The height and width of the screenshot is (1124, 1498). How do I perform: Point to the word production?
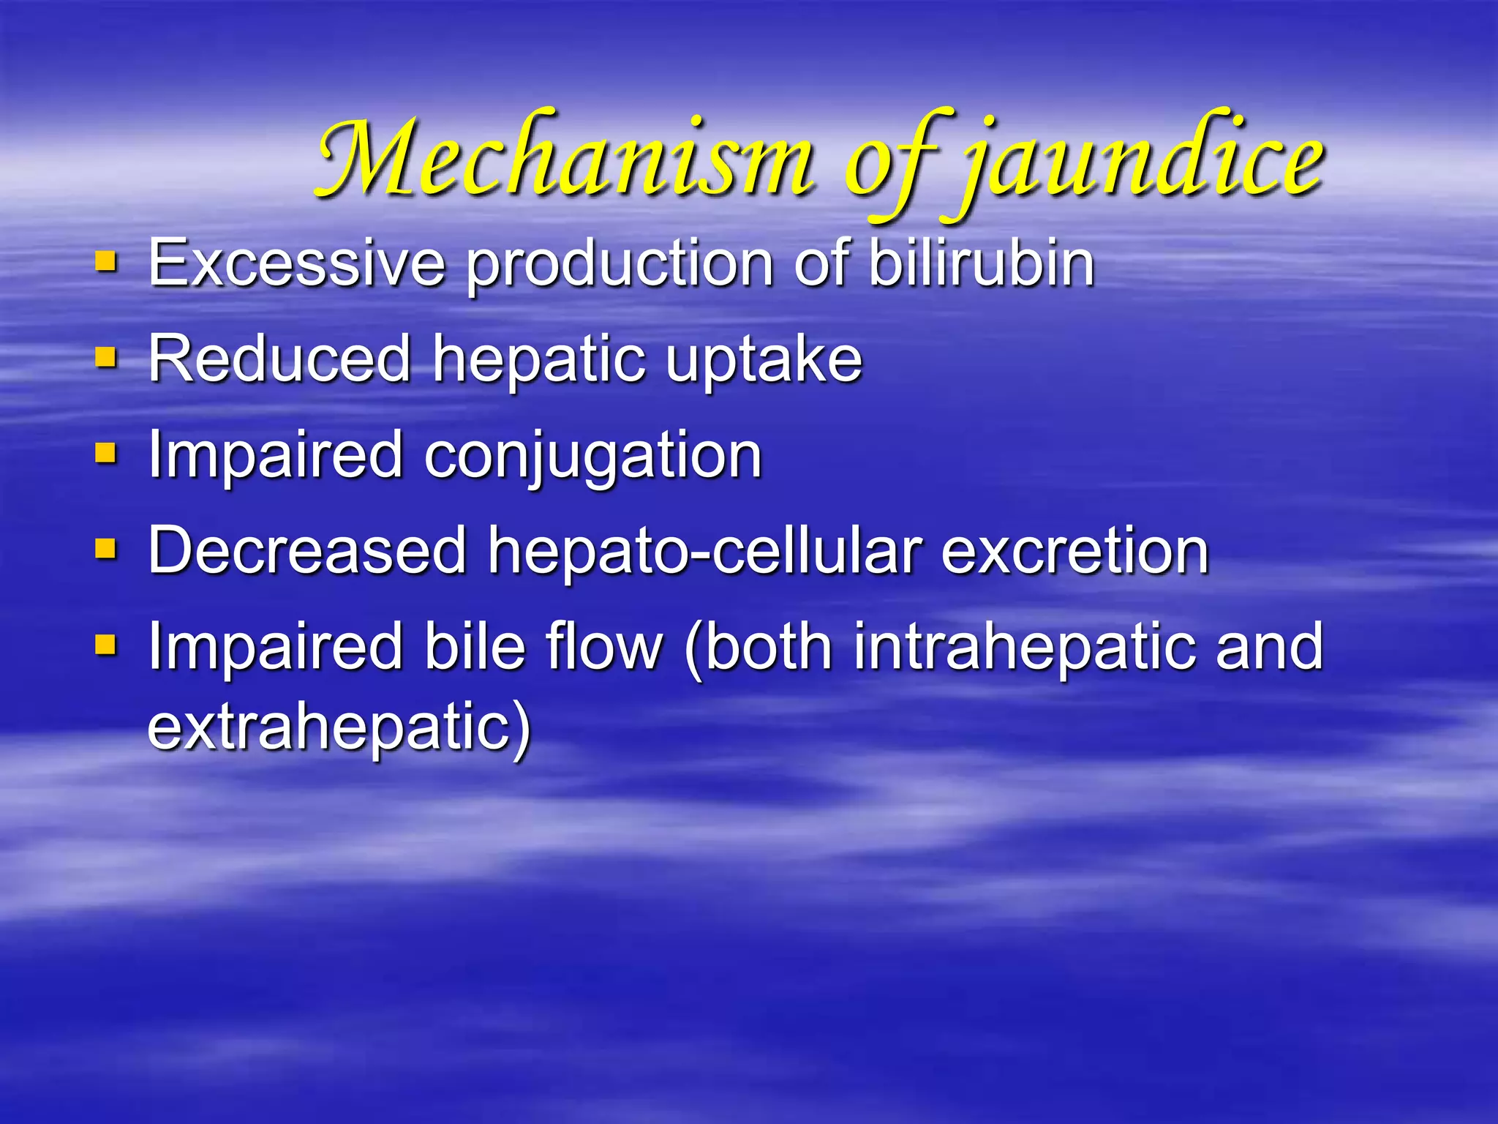pyautogui.click(x=619, y=265)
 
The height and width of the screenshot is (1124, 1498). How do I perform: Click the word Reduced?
pyautogui.click(x=279, y=358)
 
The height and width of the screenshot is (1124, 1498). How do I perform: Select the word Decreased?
pyautogui.click(x=306, y=550)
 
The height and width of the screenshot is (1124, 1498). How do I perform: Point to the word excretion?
pyautogui.click(x=1074, y=551)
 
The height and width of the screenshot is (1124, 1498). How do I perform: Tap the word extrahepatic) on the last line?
pyautogui.click(x=339, y=727)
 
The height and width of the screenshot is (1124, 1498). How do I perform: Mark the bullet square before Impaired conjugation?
pyautogui.click(x=107, y=454)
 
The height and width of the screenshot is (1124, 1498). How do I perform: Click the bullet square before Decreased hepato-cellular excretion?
pyautogui.click(x=107, y=549)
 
